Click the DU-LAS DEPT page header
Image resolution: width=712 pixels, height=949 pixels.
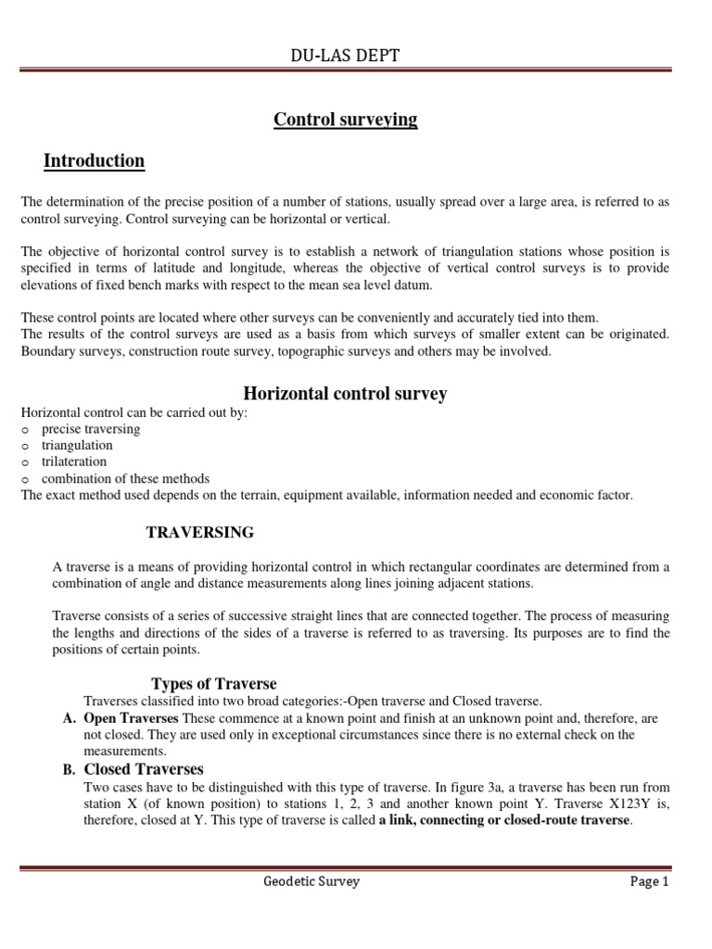345,57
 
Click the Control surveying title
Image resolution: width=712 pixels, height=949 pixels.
345,120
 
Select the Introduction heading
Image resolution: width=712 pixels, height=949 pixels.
94,161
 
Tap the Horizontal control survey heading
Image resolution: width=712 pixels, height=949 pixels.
345,394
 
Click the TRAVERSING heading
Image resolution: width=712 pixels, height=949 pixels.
200,532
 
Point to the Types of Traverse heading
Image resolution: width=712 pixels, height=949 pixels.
213,684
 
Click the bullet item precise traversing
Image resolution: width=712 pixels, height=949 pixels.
91,429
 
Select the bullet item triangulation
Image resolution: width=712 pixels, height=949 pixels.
77,446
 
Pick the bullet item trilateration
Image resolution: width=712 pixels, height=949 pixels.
74,462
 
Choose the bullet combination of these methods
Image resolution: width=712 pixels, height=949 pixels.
125,479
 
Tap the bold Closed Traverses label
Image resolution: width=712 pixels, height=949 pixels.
144,769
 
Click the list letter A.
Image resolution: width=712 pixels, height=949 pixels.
68,717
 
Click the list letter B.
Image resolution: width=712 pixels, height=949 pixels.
68,769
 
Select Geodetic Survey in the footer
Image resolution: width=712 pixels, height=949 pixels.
311,881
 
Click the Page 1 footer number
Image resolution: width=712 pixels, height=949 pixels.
649,881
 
